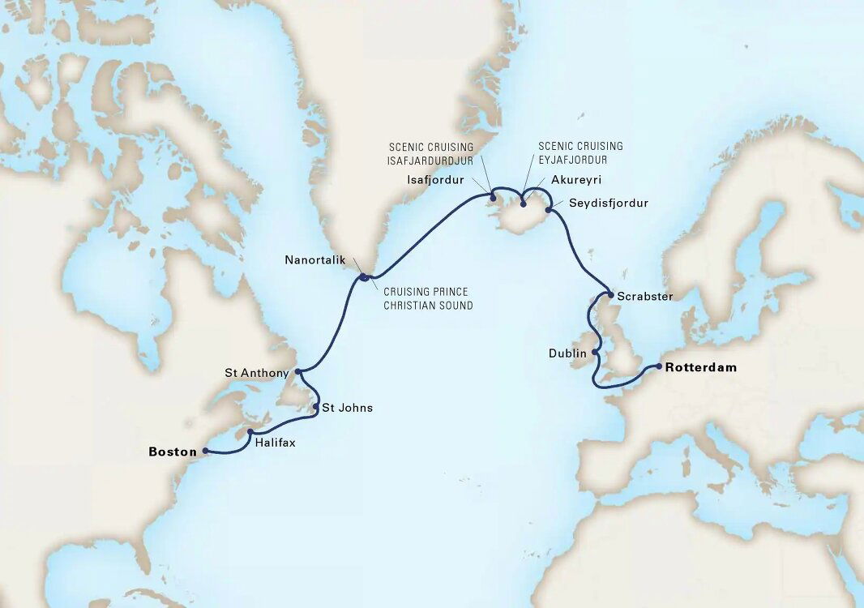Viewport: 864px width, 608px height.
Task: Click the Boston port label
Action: [173, 452]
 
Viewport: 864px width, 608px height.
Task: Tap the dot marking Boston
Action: [204, 451]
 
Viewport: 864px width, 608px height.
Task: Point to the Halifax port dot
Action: [251, 432]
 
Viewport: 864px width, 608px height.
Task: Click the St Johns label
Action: [347, 408]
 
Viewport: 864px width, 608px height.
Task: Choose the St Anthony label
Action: [256, 373]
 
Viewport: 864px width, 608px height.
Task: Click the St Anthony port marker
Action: [299, 372]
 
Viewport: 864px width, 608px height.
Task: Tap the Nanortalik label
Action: [315, 260]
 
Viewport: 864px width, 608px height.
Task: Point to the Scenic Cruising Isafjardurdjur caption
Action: [430, 153]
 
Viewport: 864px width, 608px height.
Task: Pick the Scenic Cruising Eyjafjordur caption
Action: [580, 153]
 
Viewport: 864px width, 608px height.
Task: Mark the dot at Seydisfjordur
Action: [549, 211]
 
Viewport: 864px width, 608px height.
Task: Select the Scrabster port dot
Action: [610, 295]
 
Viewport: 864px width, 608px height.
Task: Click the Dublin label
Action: [567, 353]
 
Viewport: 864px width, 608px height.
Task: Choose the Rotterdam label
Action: [701, 367]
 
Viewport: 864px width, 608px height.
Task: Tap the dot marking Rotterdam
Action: [659, 367]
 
